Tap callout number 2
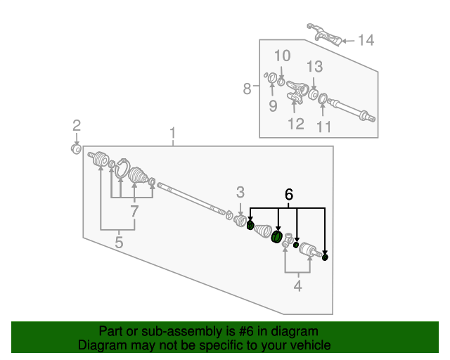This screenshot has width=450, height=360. [77, 126]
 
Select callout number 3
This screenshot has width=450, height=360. [240, 192]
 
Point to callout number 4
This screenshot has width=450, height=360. [297, 285]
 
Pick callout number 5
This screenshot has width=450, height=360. [119, 243]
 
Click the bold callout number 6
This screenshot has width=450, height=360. [288, 194]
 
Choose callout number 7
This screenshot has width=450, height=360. [134, 211]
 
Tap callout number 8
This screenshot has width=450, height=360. [247, 89]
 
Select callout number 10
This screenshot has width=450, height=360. [282, 56]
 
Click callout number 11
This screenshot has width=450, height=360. [323, 127]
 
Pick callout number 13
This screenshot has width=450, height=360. [314, 67]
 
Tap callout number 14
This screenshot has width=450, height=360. [366, 40]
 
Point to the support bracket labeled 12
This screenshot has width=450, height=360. [297, 92]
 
